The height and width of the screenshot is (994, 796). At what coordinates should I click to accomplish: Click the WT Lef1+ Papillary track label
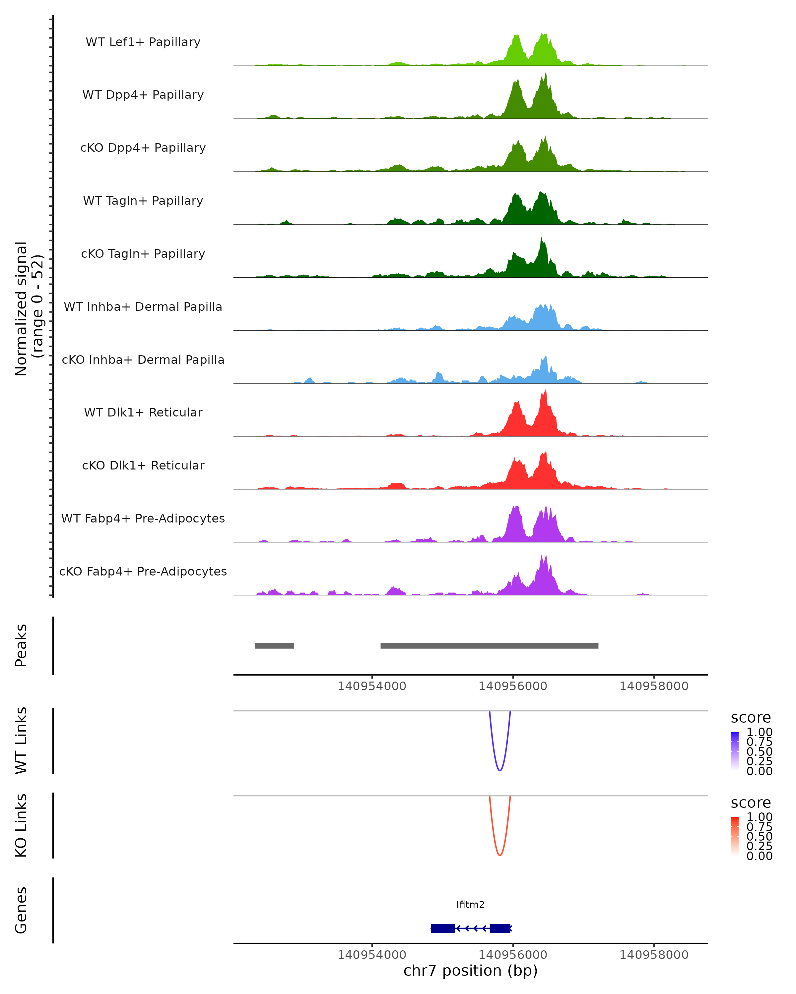(x=143, y=42)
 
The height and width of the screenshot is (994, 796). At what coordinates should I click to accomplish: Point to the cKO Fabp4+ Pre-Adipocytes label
(x=143, y=571)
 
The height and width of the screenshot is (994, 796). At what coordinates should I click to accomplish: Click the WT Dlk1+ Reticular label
(x=143, y=412)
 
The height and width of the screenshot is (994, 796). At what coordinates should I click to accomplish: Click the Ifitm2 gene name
(x=470, y=905)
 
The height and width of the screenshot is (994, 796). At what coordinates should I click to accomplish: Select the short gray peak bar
(x=275, y=645)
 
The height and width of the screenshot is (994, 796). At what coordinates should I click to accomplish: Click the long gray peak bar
(x=489, y=645)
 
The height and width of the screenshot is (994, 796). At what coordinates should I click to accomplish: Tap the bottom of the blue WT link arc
(x=500, y=770)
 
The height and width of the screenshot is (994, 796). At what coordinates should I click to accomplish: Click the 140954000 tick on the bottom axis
(x=372, y=955)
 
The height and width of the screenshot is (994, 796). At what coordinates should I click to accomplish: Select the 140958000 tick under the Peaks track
(x=653, y=687)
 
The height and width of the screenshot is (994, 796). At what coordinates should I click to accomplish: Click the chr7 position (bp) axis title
(x=470, y=971)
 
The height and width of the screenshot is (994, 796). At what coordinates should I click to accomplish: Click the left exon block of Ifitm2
(x=442, y=928)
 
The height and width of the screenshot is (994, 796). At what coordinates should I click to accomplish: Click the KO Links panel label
(x=21, y=825)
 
